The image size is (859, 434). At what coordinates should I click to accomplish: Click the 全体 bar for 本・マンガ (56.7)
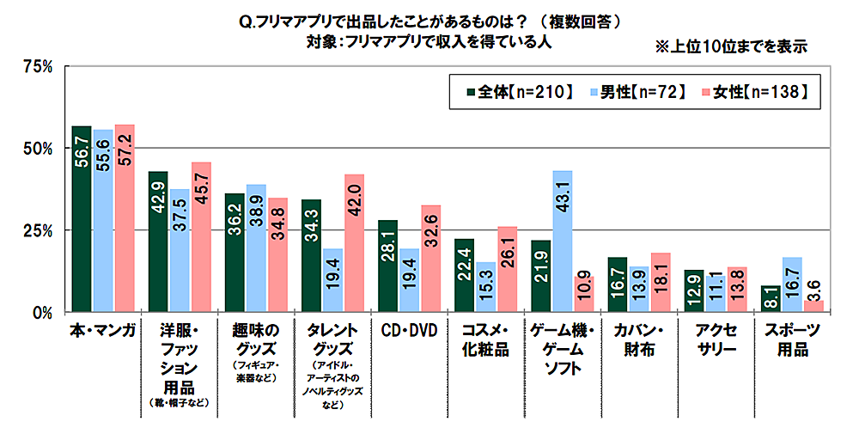click(82, 219)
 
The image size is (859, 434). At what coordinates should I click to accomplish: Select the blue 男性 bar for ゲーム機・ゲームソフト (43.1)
click(563, 241)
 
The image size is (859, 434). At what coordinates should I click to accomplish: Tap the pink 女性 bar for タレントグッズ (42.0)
click(355, 242)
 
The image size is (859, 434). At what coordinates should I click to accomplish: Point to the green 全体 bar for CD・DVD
click(387, 266)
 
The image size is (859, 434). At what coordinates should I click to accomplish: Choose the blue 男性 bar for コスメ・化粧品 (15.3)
click(485, 287)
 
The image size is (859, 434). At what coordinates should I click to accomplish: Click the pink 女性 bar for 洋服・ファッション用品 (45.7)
click(201, 236)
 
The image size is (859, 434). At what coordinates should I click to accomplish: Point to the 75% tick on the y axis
click(39, 66)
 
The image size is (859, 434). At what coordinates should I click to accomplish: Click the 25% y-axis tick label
click(39, 230)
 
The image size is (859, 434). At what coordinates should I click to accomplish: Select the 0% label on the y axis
click(43, 312)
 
